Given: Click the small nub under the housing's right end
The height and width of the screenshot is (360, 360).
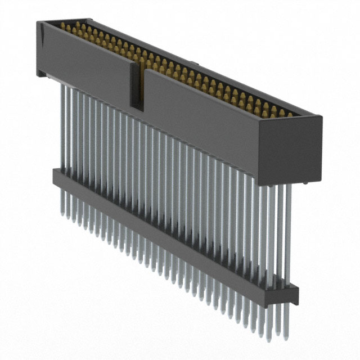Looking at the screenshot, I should (304, 182).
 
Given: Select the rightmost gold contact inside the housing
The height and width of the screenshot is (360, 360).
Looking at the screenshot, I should (290, 114).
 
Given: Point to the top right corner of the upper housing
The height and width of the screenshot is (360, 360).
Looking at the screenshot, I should (322, 118).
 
